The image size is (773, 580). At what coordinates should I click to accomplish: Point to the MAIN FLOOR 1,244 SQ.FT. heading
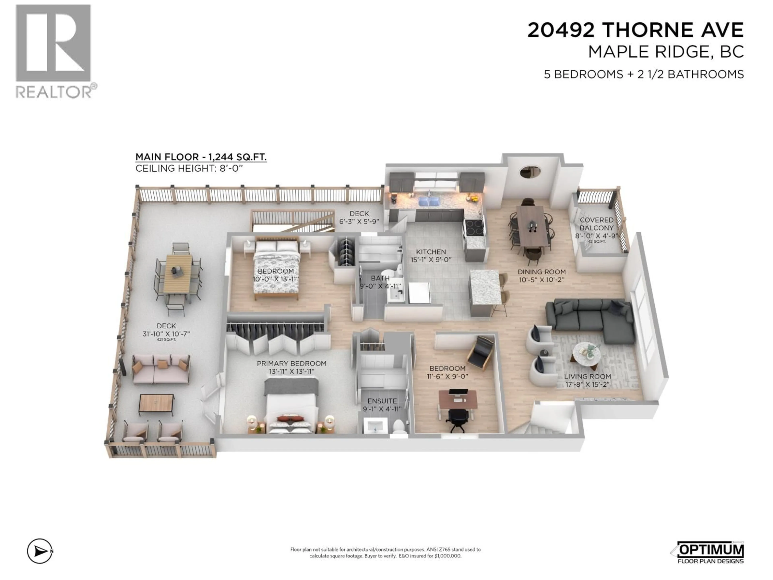[x=201, y=157]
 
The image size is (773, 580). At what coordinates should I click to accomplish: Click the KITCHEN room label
[x=431, y=252]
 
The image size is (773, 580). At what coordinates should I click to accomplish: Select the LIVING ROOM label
[x=587, y=377]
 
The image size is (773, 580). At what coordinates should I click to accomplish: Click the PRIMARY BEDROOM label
[x=291, y=364]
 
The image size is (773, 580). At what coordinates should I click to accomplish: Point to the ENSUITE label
[x=382, y=401]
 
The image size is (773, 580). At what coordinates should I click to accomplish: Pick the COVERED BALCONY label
[x=596, y=224]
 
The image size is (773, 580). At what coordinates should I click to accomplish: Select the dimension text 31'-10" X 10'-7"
[x=166, y=334]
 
